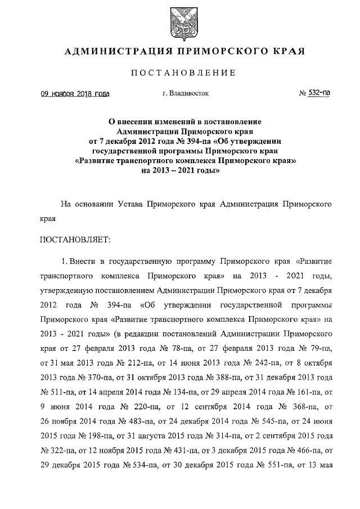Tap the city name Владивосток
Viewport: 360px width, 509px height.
(x=189, y=93)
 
